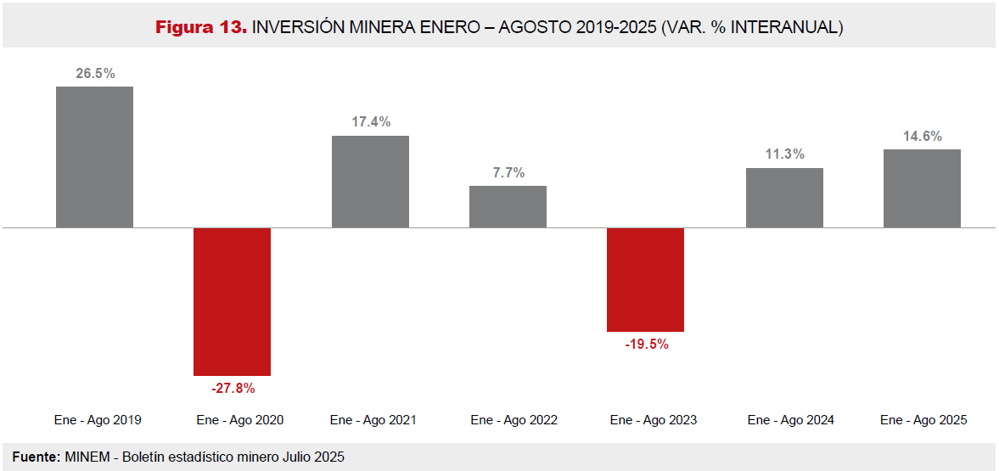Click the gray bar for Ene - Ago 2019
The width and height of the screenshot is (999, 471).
point(94,157)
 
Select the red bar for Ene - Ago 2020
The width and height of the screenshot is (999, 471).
point(232,301)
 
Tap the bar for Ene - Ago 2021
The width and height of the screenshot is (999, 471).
point(370,182)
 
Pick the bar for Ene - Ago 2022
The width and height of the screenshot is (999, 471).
point(508,206)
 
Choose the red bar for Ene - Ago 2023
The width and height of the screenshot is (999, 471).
point(645,279)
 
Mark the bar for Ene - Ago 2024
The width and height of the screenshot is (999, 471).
point(784,198)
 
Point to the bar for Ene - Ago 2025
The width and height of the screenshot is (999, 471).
point(922,188)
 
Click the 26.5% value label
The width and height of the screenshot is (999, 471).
point(95,74)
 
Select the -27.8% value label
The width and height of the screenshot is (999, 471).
point(233,389)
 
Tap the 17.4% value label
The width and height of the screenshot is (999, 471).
point(371,122)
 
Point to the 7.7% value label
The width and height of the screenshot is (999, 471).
point(508,173)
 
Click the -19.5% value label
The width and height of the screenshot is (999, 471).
point(646,345)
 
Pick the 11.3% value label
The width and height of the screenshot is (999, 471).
point(784,154)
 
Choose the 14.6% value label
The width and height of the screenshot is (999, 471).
point(923,137)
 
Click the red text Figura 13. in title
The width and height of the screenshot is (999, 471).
point(201,28)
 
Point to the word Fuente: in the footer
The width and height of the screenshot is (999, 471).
point(36,457)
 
